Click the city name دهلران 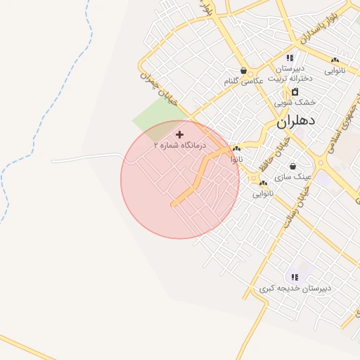296,120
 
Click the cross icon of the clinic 180,134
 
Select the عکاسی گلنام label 243,82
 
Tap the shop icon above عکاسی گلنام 243,71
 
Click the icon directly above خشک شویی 295,92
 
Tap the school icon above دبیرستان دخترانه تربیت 290,58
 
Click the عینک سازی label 293,177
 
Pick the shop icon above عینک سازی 292,167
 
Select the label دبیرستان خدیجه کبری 295,288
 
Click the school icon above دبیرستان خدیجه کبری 294,277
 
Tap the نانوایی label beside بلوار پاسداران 335,71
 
